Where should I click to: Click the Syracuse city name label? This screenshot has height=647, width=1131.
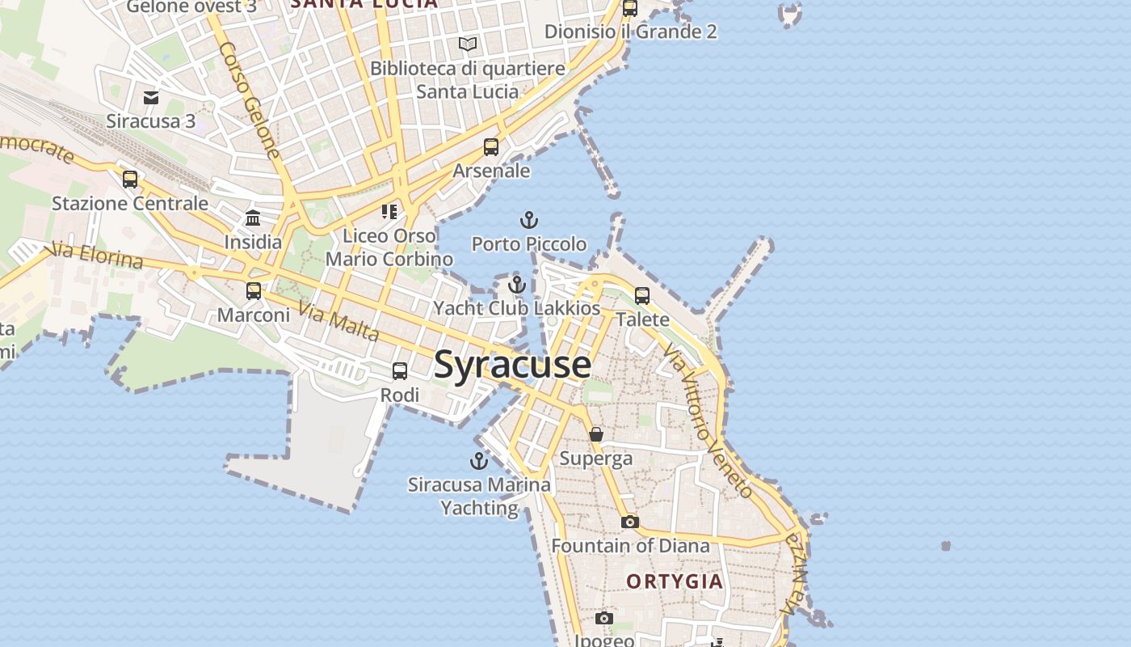point(512,365)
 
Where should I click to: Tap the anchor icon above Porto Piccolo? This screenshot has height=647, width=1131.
point(528,220)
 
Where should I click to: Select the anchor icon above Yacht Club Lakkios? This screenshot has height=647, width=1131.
point(516,285)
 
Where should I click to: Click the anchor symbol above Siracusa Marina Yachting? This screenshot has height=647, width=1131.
point(479,461)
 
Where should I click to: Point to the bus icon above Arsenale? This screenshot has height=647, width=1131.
point(491,147)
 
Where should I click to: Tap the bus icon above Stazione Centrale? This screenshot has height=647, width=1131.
point(130,180)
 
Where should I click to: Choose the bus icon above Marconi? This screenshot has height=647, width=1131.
point(254,291)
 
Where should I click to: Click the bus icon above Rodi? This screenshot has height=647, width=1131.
point(400,371)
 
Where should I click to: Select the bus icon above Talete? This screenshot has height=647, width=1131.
point(642,296)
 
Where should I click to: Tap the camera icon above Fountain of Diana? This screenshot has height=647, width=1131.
point(630,522)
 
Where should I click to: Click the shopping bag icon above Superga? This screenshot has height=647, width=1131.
point(596,435)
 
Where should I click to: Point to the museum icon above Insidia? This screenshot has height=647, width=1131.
point(253,218)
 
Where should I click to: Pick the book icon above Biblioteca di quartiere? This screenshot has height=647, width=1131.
point(468,44)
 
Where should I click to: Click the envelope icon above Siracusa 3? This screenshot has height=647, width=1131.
point(151,98)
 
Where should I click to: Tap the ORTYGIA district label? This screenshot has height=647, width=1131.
point(675,581)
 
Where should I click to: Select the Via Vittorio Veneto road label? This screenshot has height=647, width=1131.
point(708,419)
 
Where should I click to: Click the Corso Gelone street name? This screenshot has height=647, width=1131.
point(249,100)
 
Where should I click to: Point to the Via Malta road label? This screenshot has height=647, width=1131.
point(338,321)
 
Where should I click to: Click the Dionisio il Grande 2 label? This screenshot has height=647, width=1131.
point(630,32)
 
